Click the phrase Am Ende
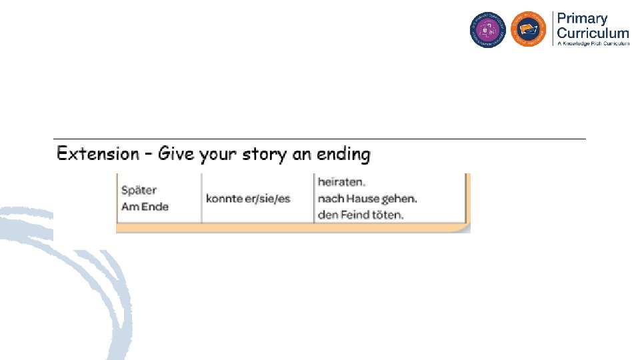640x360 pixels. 145,206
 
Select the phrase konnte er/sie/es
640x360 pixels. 248,199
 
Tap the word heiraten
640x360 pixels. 342,181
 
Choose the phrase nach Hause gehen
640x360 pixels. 367,199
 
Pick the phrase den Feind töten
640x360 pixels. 361,215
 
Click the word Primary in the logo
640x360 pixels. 582,19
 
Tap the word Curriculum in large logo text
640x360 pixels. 593,33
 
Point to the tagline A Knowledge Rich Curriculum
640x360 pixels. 593,43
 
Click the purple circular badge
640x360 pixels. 488,29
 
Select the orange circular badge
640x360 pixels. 528,29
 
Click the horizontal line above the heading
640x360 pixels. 320,139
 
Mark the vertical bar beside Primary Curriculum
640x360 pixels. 552,29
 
